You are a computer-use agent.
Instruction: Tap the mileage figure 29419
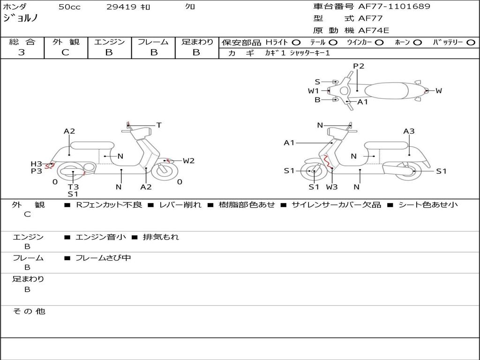(x=122, y=7)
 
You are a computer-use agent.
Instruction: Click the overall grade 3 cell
(x=22, y=52)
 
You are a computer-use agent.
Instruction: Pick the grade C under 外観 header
(x=66, y=52)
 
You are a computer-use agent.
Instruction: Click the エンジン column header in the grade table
(x=109, y=42)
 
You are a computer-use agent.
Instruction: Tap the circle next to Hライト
(x=296, y=42)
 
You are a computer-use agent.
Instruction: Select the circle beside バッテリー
(x=471, y=42)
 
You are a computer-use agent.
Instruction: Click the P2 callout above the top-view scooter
(x=359, y=66)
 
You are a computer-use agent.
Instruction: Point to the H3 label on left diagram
(x=37, y=164)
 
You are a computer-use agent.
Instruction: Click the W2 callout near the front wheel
(x=188, y=161)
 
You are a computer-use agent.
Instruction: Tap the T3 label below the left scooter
(x=73, y=187)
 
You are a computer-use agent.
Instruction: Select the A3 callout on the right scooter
(x=409, y=131)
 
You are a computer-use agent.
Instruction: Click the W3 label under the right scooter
(x=332, y=187)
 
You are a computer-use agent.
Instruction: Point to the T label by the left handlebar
(x=159, y=125)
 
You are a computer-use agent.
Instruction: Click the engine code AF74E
(x=374, y=30)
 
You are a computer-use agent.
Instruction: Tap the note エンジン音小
(x=100, y=237)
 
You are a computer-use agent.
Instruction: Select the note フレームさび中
(x=103, y=258)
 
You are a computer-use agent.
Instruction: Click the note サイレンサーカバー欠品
(x=336, y=205)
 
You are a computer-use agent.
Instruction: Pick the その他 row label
(x=29, y=311)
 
